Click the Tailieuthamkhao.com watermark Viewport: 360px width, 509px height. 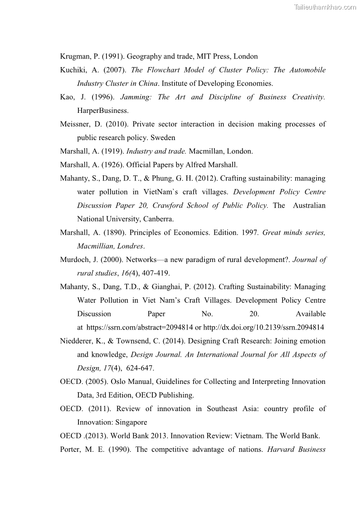[x=325, y=7]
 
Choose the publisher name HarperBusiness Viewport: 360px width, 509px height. [x=102, y=111]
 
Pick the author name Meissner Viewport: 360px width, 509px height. [x=75, y=124]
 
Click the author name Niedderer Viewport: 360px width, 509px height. [x=77, y=341]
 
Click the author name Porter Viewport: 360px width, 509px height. [x=70, y=450]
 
